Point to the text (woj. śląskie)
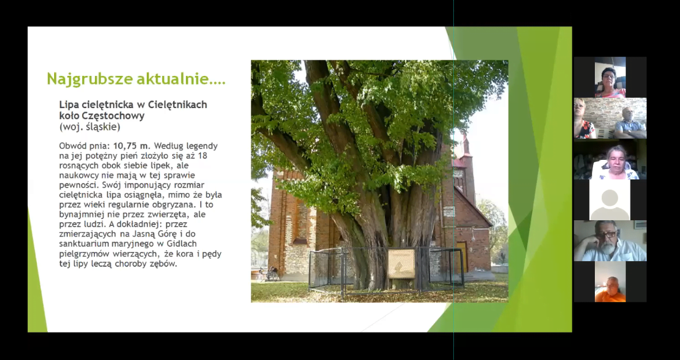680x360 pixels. [90, 127]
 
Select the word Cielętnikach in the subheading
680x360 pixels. [177, 105]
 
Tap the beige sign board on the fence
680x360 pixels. [401, 263]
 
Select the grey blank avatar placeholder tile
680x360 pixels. [609, 200]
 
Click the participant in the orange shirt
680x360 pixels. [610, 289]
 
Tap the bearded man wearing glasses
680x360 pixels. [609, 241]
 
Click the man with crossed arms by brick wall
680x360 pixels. [630, 123]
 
